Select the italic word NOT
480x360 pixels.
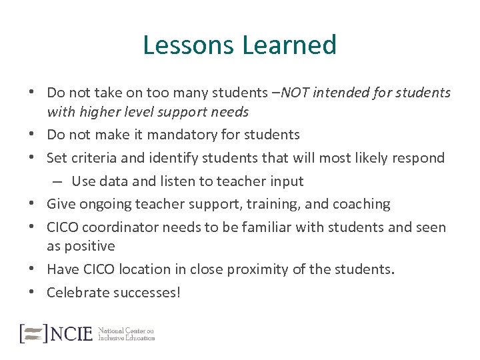295,93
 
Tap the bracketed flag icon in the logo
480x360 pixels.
33,333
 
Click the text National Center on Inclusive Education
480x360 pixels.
126,333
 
